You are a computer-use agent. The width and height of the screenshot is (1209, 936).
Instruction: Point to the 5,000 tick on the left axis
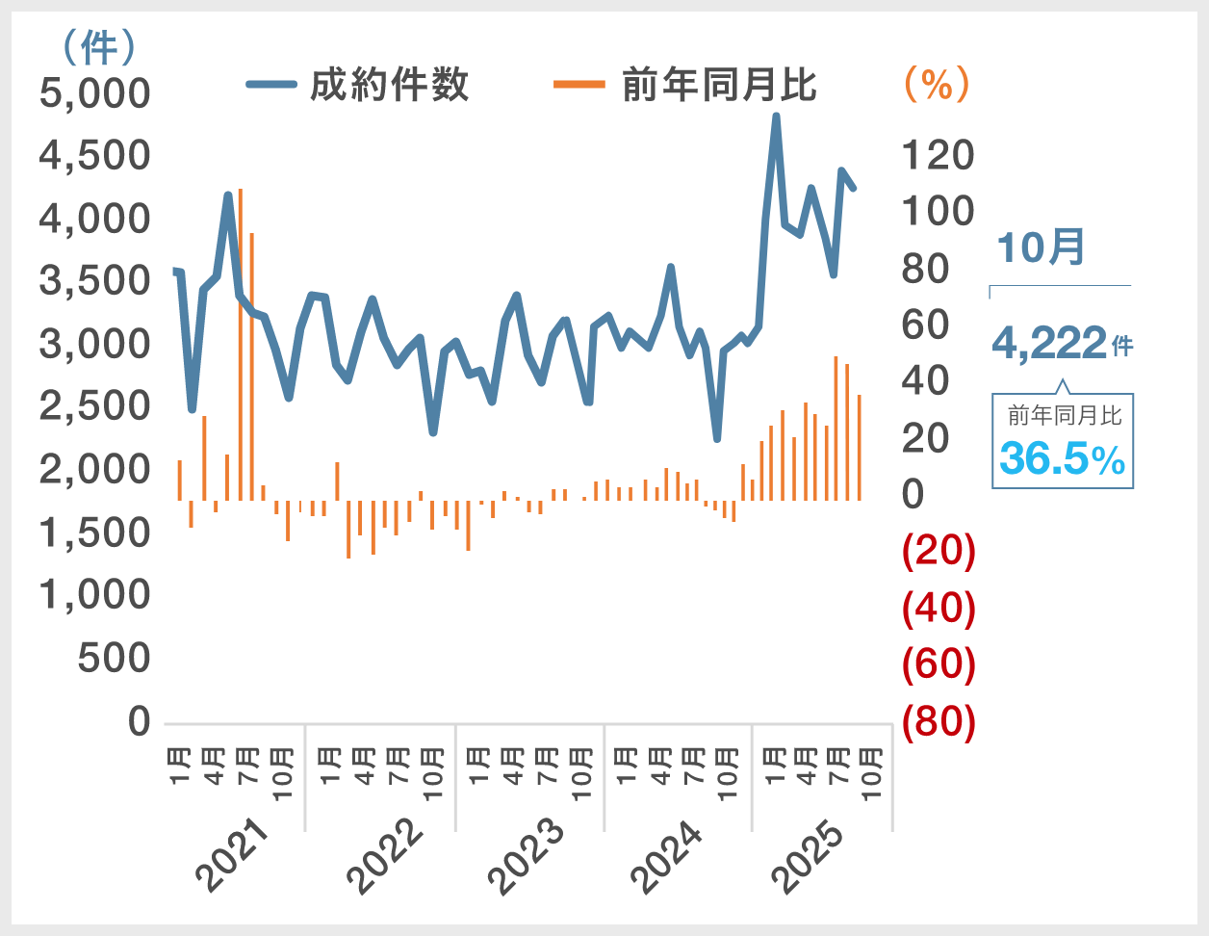[x=95, y=93]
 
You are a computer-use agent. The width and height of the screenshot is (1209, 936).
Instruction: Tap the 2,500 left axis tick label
[x=95, y=406]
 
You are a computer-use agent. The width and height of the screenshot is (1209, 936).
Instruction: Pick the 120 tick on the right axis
[x=938, y=155]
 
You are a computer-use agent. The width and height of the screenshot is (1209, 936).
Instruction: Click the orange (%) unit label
[x=937, y=85]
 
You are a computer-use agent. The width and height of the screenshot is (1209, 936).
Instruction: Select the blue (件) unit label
[x=99, y=46]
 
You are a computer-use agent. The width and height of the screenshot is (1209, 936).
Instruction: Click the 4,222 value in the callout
[x=1049, y=343]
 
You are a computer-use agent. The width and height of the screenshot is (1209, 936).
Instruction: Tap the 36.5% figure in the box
[x=1062, y=458]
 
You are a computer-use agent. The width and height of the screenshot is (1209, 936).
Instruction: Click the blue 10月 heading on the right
[x=1041, y=247]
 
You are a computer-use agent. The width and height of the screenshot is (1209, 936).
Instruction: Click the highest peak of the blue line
[x=776, y=117]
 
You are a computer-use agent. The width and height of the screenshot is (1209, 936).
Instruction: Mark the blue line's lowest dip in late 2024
[x=716, y=439]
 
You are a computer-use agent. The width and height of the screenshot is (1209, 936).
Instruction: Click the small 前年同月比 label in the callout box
[x=1065, y=416]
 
